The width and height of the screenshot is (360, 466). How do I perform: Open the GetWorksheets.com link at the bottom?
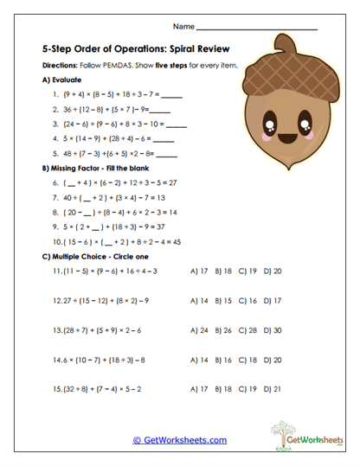point(180,439)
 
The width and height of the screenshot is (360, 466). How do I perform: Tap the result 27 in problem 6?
point(174,183)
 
